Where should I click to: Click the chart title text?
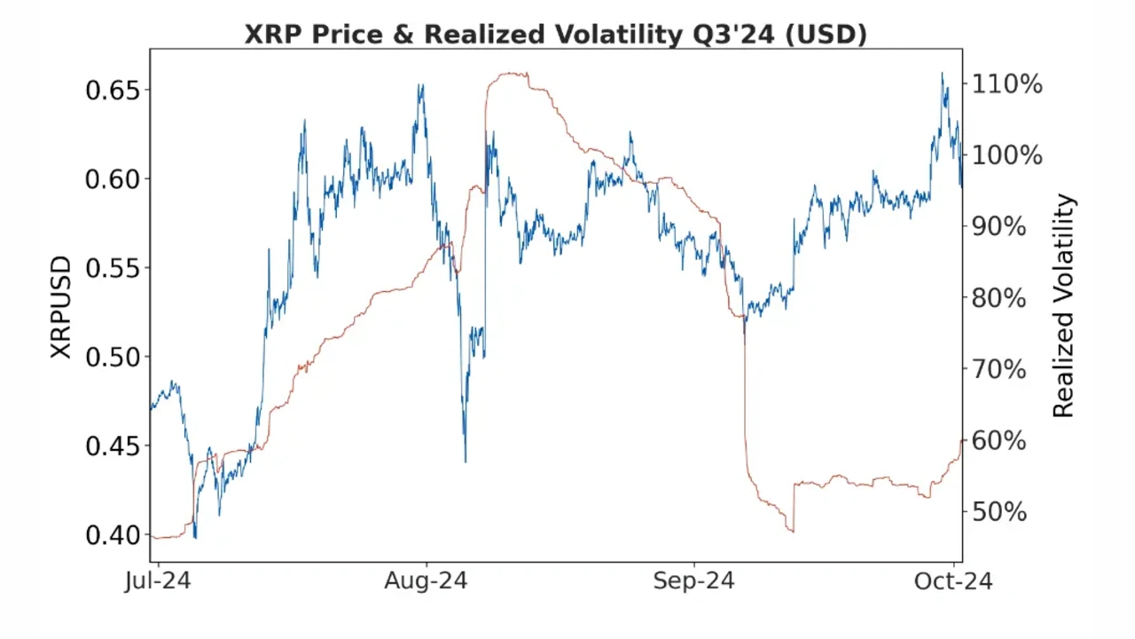pos(556,34)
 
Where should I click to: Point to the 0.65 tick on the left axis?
pos(114,91)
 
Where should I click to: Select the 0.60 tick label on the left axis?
pos(114,179)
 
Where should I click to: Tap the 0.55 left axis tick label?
pos(114,268)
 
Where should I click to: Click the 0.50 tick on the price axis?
pos(114,357)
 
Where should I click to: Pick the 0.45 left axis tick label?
pos(114,446)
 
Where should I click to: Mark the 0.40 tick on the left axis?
pos(114,534)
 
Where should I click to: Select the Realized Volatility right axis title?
pos(1063,306)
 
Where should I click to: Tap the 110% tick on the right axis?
pos(1007,85)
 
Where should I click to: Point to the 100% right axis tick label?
pos(1007,156)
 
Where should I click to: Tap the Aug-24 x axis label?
pos(426,582)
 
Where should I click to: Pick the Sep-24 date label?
pos(693,582)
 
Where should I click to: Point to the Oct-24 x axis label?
pos(953,582)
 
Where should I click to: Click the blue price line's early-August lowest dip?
pos(466,460)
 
